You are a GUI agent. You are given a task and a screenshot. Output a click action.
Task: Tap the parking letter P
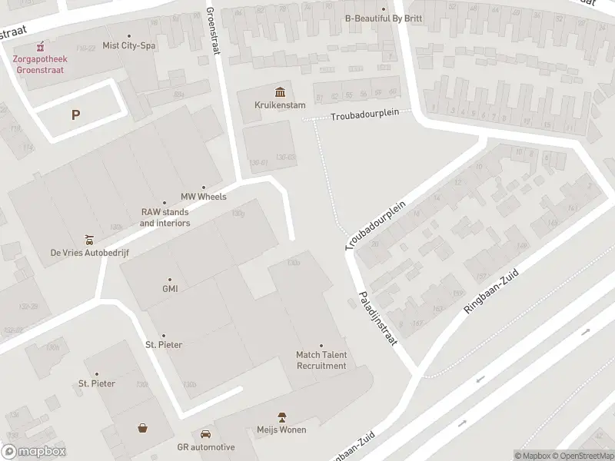(x=75, y=115)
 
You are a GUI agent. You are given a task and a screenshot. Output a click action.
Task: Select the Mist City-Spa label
(x=128, y=45)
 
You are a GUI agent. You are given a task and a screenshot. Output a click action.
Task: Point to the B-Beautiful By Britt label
(x=383, y=18)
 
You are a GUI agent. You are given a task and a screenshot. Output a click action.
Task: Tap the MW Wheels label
(x=203, y=197)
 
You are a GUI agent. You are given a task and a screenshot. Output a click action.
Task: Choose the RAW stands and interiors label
(x=165, y=217)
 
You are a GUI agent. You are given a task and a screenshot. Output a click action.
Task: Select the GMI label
(x=170, y=289)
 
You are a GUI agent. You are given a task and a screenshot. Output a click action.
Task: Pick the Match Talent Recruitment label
(x=321, y=360)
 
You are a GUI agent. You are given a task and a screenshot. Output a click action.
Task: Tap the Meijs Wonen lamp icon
(x=282, y=416)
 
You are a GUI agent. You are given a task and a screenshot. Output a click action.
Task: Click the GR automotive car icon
(x=205, y=434)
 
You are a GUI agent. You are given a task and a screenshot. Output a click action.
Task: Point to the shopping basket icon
(x=143, y=428)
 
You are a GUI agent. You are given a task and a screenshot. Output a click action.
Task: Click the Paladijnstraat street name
(x=376, y=318)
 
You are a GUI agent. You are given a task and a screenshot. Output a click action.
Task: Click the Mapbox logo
(x=33, y=451)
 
